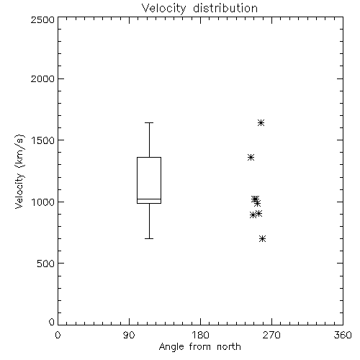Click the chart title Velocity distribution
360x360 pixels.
199,9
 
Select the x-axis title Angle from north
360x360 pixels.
199,346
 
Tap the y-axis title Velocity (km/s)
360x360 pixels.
19,171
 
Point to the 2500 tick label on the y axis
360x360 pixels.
42,19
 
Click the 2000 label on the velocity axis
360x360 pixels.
42,78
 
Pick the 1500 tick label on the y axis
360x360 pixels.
43,140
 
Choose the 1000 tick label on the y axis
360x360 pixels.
43,202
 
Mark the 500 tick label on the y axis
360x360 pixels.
46,264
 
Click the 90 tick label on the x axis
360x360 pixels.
129,335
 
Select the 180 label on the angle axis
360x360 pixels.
200,335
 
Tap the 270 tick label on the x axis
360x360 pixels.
271,335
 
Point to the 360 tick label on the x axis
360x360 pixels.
343,335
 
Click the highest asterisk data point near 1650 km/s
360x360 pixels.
261,123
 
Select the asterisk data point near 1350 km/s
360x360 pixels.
251,158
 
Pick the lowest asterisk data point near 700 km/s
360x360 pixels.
262,238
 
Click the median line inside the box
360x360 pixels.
149,199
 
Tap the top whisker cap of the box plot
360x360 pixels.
149,122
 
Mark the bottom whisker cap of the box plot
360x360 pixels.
149,238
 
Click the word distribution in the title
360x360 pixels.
225,9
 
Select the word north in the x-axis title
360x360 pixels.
229,346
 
